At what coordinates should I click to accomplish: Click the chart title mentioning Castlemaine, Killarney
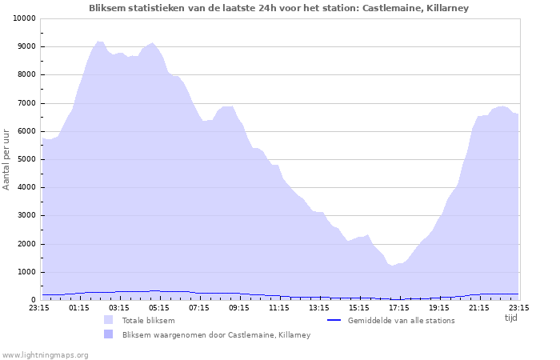point(279,8)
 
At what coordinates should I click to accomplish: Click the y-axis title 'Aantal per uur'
point(7,158)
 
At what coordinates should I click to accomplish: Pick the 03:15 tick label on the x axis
point(119,307)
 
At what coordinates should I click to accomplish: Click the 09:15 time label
point(239,307)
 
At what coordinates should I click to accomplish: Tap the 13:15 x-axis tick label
point(319,307)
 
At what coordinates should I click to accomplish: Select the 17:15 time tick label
point(399,307)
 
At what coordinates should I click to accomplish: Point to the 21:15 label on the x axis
point(479,307)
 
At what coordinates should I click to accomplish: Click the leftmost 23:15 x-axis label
point(39,307)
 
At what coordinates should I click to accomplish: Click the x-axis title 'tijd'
point(510,318)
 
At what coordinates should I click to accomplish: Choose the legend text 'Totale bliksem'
point(148,321)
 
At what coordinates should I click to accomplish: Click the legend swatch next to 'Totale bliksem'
point(108,320)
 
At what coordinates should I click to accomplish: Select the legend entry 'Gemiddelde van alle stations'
point(401,321)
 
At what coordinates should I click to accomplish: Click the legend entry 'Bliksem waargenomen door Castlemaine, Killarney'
point(216,335)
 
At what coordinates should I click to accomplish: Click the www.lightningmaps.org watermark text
point(45,354)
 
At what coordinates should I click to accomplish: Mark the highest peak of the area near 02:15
point(99,41)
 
